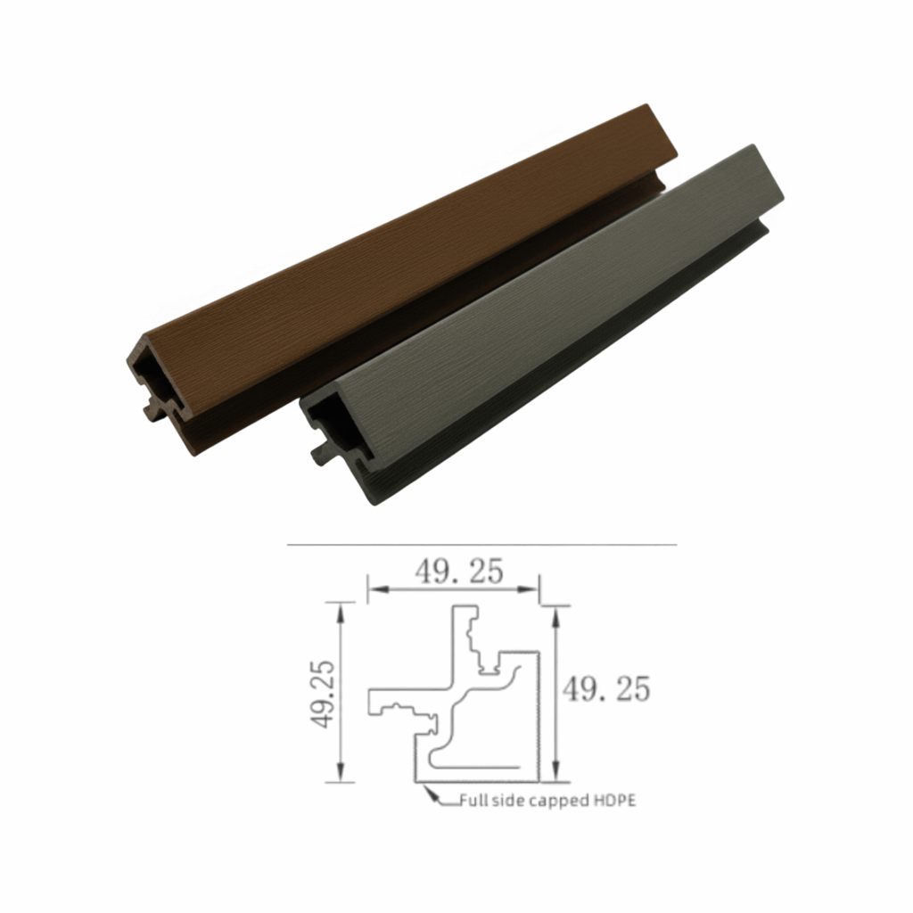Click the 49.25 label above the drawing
point(459,572)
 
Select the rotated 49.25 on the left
point(322,694)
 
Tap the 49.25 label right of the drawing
point(605,689)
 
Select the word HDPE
point(615,801)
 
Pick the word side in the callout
point(505,801)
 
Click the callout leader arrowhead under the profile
point(431,793)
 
